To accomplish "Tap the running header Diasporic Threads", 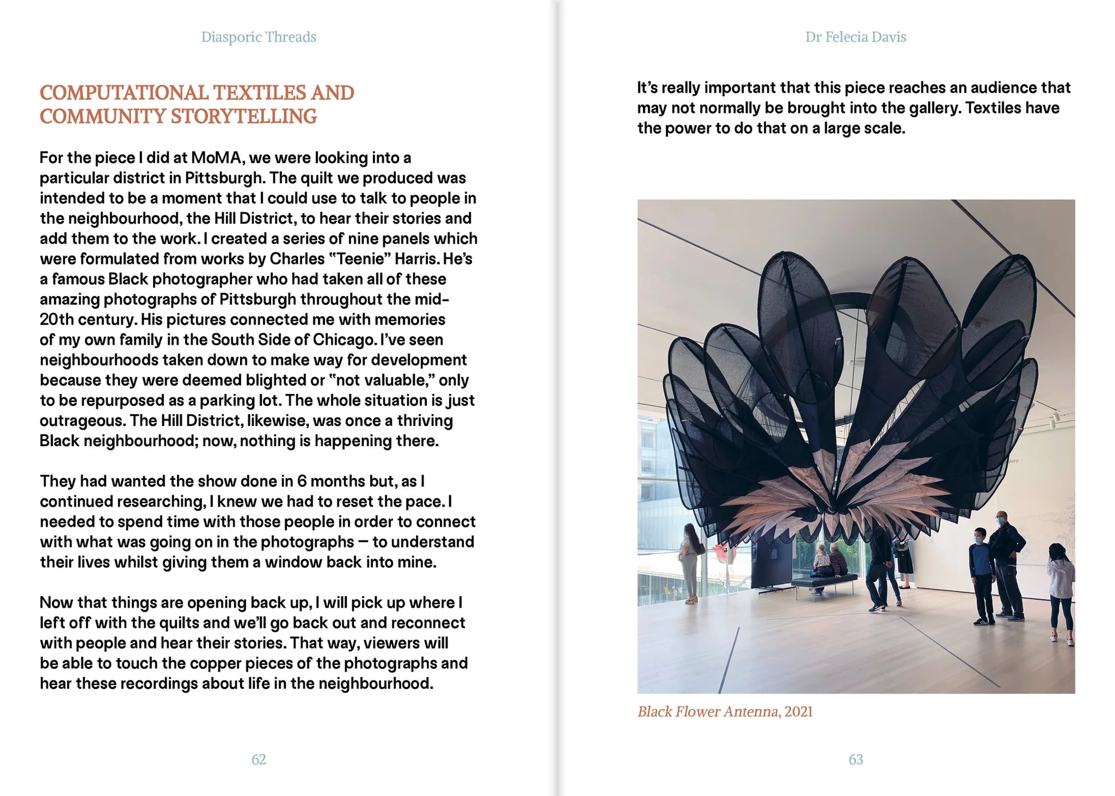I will pos(258,37).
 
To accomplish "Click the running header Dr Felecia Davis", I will pos(855,37).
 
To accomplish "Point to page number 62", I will pos(258,759).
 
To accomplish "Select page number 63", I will pos(855,759).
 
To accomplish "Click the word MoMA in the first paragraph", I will pos(217,158).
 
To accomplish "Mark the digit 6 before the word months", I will pos(301,482).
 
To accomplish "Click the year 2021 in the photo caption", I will pos(798,712).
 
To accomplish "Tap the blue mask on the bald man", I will pos(1002,522).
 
